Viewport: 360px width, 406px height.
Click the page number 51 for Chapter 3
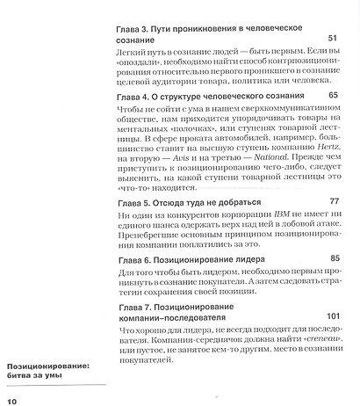[331, 39]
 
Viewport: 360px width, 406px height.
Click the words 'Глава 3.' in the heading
[138, 29]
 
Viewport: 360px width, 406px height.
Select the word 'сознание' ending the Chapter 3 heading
[140, 40]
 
